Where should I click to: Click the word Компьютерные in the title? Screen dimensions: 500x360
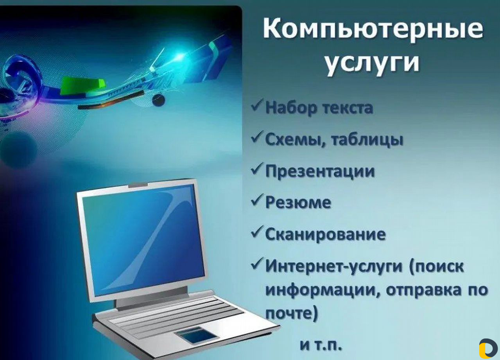pos(373,29)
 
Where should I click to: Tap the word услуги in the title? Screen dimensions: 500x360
pos(372,62)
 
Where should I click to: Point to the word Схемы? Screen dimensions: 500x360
pos(293,140)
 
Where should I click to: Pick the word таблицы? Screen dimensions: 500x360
pos(367,140)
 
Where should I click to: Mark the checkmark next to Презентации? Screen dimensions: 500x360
pos(257,168)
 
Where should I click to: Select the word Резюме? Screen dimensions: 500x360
pos(298,203)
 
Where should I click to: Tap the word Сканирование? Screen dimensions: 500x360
pos(326,234)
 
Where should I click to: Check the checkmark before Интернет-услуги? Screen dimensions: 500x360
pos(257,263)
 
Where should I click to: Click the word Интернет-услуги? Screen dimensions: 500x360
pos(334,266)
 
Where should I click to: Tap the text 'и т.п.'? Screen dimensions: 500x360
pos(321,346)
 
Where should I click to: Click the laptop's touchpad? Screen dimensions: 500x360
pos(196,335)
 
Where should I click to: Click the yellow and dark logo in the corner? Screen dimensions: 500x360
pos(488,348)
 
